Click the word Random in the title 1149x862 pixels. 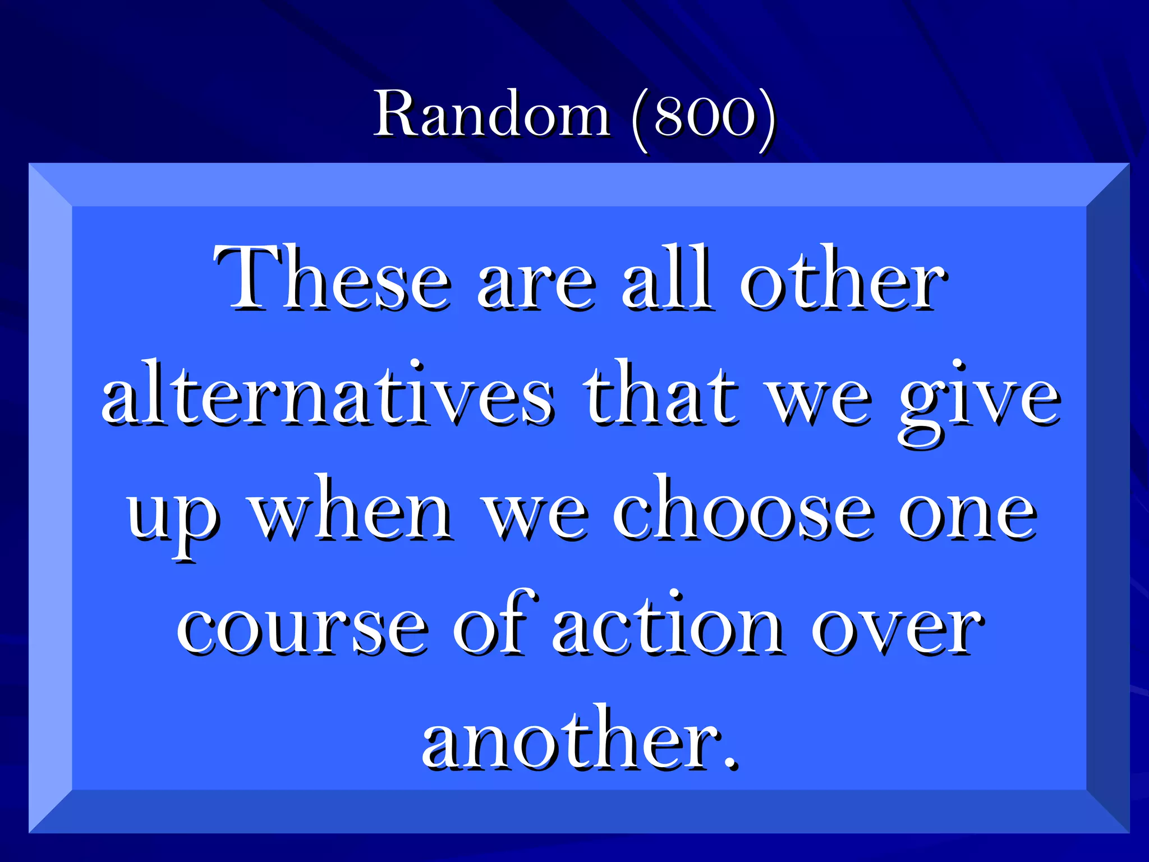492,114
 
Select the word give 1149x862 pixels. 978,401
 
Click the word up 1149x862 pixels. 172,516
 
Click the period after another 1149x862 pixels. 729,763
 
